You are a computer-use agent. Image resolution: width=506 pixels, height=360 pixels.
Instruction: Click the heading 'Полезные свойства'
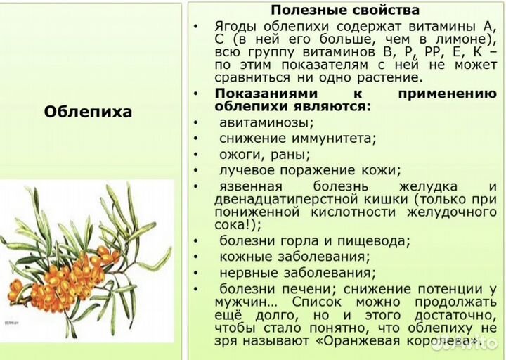345,11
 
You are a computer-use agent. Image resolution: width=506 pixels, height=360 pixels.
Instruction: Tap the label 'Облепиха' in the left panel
88,112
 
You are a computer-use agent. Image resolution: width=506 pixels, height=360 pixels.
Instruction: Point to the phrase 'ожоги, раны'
264,154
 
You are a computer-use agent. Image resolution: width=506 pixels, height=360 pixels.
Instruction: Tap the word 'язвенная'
251,186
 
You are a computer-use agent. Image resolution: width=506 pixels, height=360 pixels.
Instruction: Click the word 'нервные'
247,273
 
